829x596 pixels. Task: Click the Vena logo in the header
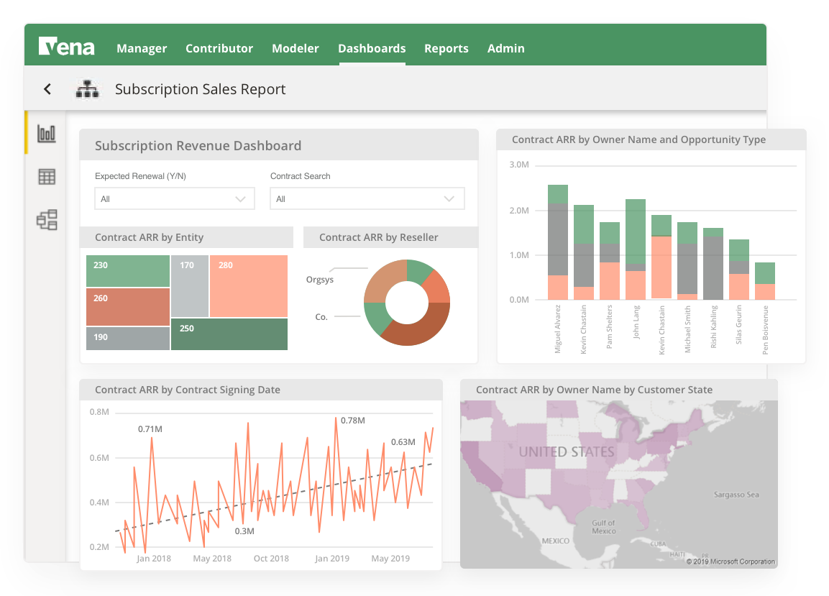pos(66,47)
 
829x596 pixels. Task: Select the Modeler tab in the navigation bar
pos(295,49)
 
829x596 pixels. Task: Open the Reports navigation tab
pos(446,49)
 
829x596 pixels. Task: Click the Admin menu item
pos(505,49)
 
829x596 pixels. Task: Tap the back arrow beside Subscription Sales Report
pos(47,89)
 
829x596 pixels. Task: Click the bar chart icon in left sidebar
pos(47,133)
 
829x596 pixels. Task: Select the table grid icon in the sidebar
pos(47,177)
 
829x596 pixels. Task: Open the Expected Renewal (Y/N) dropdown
pos(174,199)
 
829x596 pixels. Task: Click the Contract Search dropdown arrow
pos(449,199)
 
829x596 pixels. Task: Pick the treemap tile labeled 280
pos(249,286)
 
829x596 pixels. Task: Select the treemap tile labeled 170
pos(190,286)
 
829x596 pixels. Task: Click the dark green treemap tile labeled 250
pos(229,334)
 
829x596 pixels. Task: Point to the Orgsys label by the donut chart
pos(320,280)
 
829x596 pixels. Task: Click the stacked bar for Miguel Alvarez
pos(557,242)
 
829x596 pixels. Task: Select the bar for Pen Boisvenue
pos(764,281)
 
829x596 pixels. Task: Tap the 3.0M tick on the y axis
pos(519,165)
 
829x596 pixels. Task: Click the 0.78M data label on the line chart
pos(354,420)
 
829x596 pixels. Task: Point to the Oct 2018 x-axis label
pos(271,559)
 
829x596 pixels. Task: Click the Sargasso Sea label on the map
pos(736,495)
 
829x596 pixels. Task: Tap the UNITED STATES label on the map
pos(567,452)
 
